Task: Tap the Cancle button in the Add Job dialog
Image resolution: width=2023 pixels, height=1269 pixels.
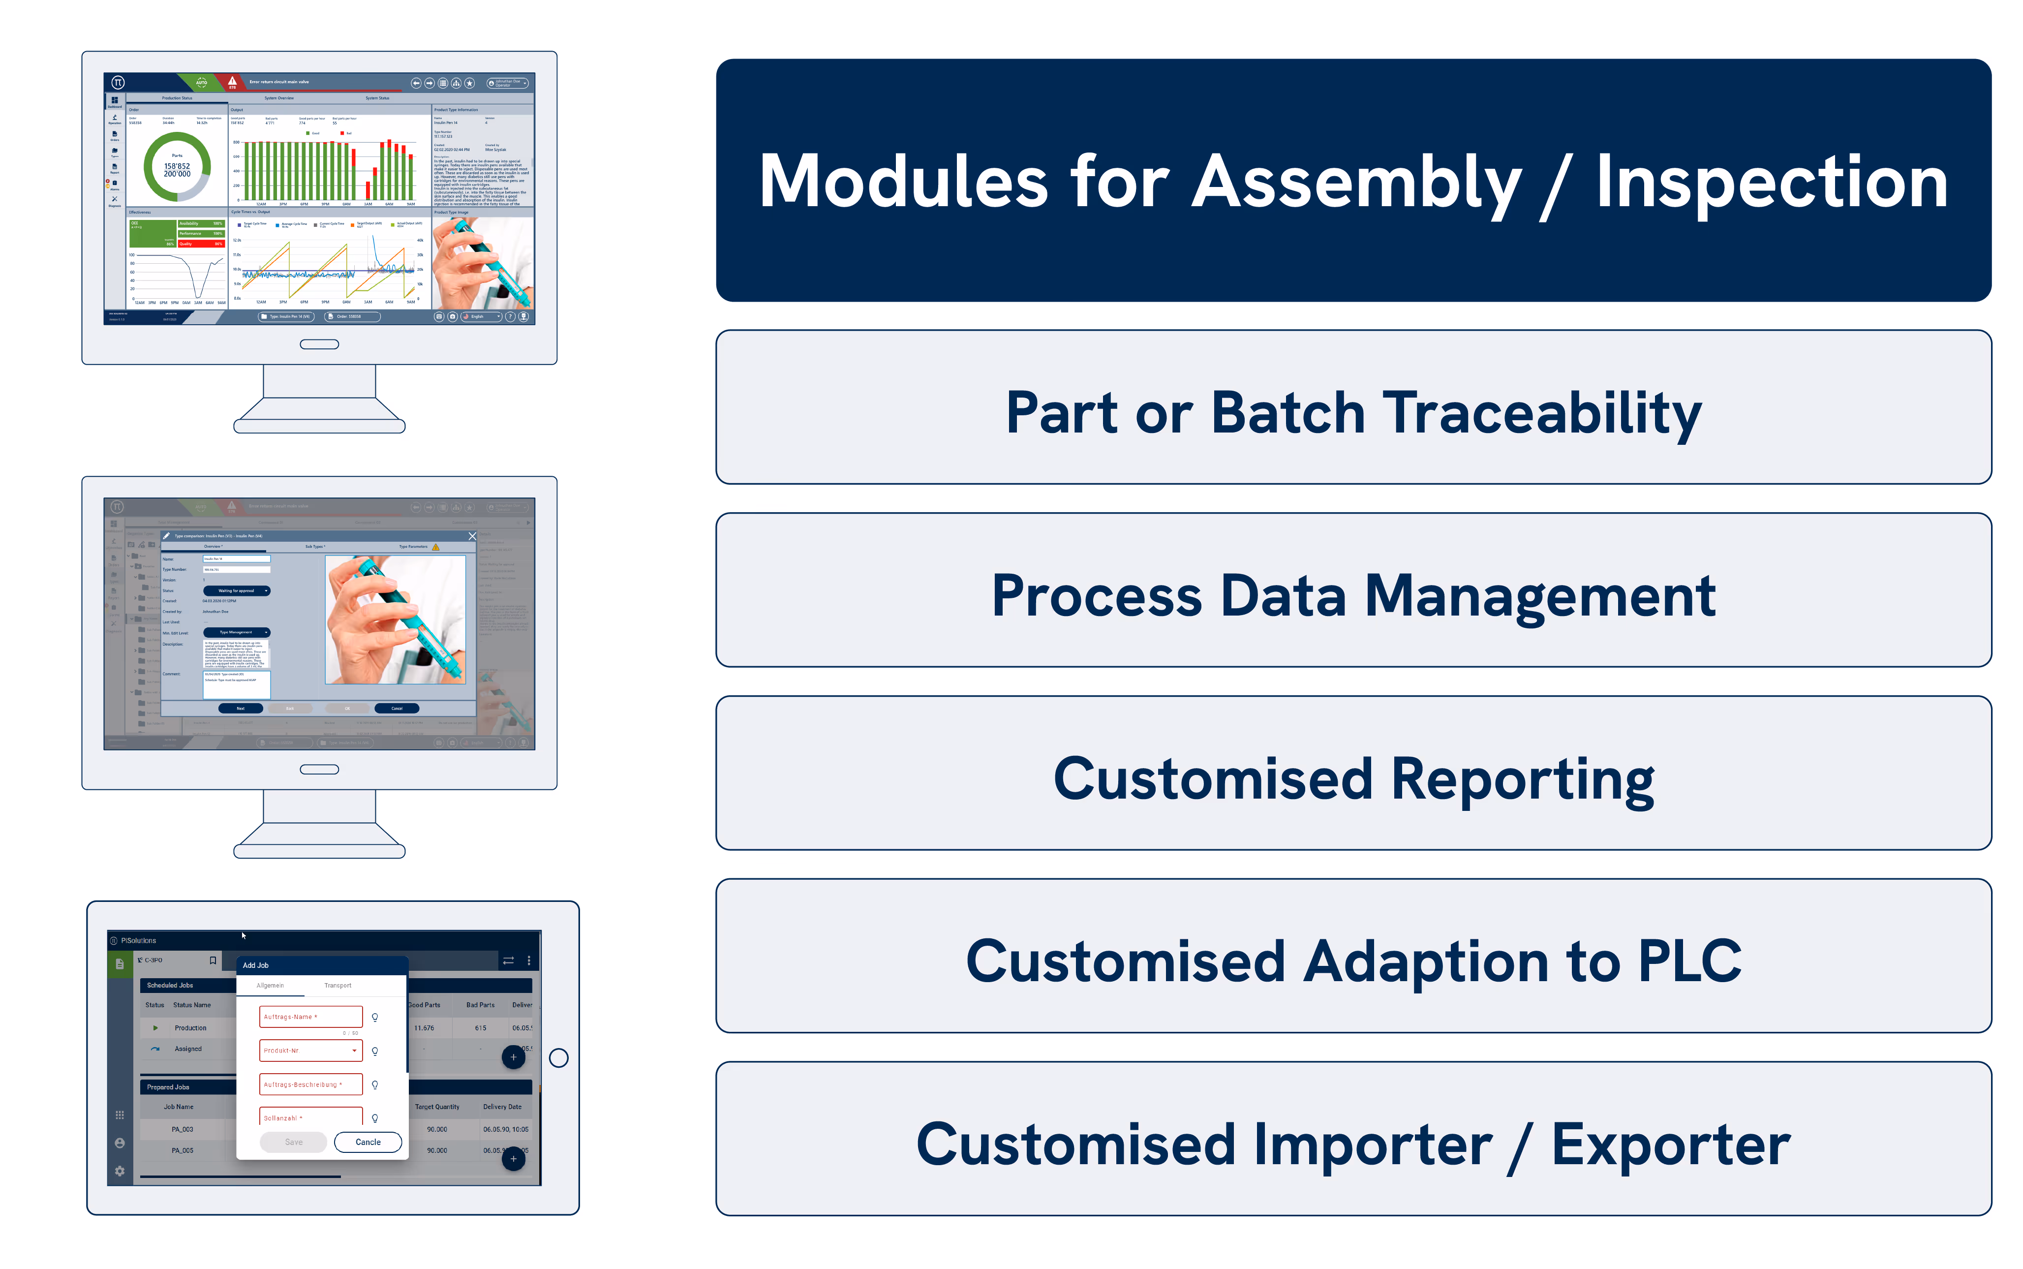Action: click(x=368, y=1142)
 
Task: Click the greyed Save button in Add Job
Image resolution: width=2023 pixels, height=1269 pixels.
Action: click(x=293, y=1142)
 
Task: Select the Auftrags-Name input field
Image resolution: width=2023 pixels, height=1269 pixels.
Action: click(x=310, y=1017)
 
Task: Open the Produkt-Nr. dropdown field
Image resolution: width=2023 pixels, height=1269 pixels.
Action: click(x=310, y=1050)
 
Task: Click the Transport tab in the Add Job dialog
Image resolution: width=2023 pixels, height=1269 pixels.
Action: click(x=337, y=985)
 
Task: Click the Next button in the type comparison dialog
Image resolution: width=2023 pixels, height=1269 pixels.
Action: click(x=240, y=709)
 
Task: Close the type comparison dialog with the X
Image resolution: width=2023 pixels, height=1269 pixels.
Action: click(x=472, y=535)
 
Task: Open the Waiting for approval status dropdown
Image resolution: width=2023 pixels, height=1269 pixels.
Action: click(x=237, y=591)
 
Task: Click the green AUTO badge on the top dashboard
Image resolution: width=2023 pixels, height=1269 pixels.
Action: click(x=201, y=82)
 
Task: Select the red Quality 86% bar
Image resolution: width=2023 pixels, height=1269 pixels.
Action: click(x=201, y=244)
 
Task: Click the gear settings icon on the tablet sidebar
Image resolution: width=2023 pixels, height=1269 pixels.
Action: click(x=119, y=1170)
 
